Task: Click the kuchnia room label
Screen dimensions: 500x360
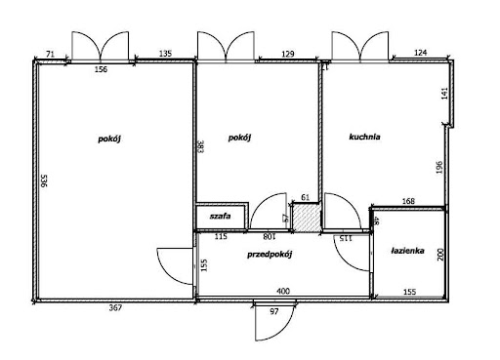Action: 364,137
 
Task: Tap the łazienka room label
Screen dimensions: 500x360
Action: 407,251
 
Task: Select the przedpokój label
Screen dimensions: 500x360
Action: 270,255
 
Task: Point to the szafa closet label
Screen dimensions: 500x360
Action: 221,216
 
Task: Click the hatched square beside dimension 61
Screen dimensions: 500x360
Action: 306,218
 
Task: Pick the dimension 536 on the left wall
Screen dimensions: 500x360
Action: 44,180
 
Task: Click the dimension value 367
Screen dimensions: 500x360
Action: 115,307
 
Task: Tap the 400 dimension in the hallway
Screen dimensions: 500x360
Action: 283,291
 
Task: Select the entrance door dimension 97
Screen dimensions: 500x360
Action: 274,311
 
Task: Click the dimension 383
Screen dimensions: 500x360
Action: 200,146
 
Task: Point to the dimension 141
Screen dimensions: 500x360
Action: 444,94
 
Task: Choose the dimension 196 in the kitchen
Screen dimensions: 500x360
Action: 439,168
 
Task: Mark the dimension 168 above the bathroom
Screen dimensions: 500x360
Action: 408,201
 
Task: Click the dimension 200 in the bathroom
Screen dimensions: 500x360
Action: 440,255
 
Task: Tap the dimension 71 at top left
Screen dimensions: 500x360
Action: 50,55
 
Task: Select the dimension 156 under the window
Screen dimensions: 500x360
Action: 101,69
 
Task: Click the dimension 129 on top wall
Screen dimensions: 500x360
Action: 288,54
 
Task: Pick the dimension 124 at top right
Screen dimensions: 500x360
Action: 420,53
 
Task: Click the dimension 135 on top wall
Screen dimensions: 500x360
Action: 165,54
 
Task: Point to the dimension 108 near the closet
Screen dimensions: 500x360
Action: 270,237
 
